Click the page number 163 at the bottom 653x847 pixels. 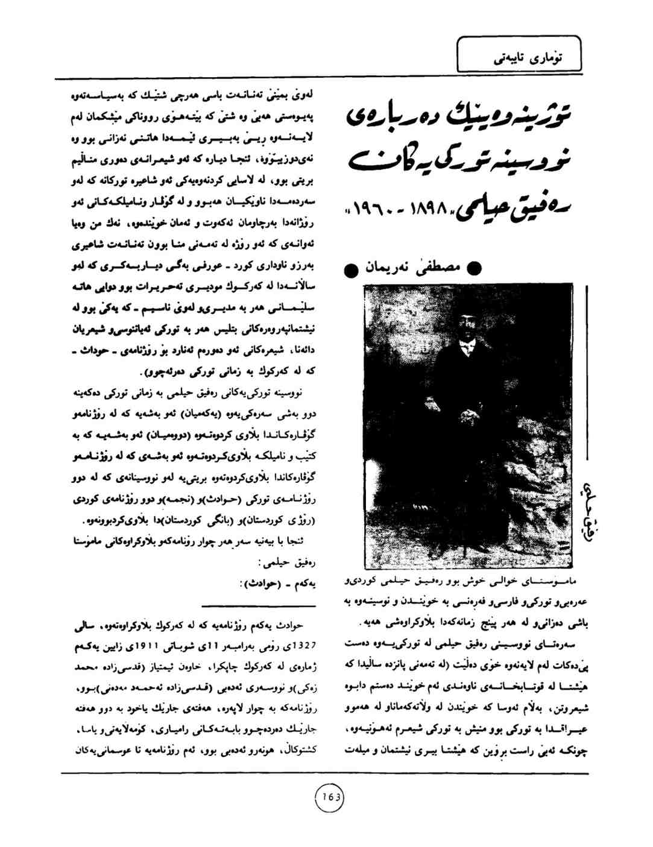pyautogui.click(x=330, y=798)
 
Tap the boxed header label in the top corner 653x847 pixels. pyautogui.click(x=519, y=54)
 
